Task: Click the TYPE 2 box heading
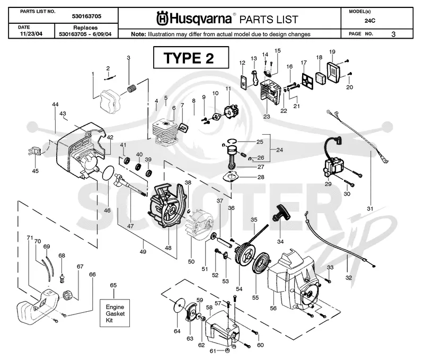pyautogui.click(x=191, y=58)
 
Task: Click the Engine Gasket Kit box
pyautogui.click(x=114, y=313)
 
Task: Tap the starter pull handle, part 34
pyautogui.click(x=281, y=213)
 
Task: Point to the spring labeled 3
pyautogui.click(x=132, y=89)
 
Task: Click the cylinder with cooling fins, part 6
pyautogui.click(x=166, y=132)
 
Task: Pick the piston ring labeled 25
pyautogui.click(x=233, y=141)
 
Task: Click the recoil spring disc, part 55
pyautogui.click(x=260, y=262)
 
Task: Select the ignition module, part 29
pyautogui.click(x=333, y=162)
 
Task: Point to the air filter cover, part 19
pyautogui.click(x=334, y=72)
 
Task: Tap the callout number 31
pyautogui.click(x=370, y=208)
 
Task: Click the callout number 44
pyautogui.click(x=55, y=104)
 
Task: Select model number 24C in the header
pyautogui.click(x=369, y=21)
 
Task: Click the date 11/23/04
pyautogui.click(x=31, y=34)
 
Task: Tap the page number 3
pyautogui.click(x=393, y=34)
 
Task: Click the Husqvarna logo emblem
pyautogui.click(x=163, y=19)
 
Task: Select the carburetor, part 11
pyautogui.click(x=232, y=111)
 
